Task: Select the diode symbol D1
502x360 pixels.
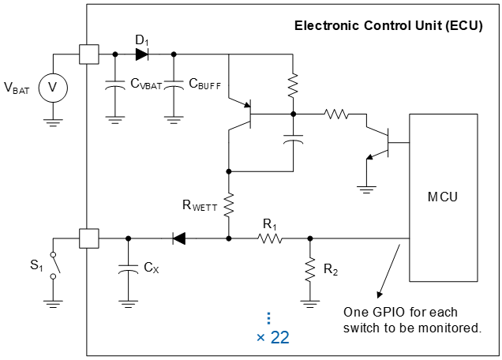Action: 142,54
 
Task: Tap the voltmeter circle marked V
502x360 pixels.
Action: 53,88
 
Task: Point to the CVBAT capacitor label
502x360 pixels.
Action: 147,82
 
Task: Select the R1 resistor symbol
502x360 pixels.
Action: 270,238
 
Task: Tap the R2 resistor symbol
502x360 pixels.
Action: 309,268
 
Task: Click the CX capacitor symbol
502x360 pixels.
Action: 128,268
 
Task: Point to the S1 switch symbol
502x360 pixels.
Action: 53,264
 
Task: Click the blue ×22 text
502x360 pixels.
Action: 272,338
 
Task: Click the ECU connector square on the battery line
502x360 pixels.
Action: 88,54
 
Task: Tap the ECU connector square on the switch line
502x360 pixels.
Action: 88,238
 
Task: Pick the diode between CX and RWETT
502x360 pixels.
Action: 179,238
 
